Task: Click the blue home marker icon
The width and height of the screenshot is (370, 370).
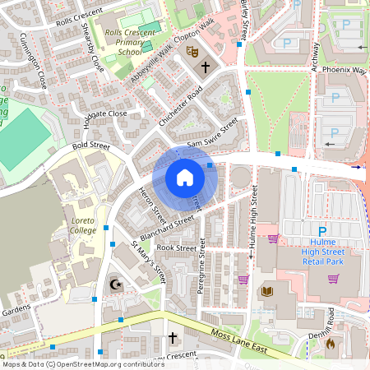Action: click(184, 178)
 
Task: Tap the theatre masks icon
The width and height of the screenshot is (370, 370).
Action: click(194, 51)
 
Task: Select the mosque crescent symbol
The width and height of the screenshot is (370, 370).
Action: click(114, 284)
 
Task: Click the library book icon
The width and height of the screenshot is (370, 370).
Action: click(266, 291)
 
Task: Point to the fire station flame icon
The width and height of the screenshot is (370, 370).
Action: click(331, 343)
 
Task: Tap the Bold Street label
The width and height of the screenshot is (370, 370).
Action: click(90, 146)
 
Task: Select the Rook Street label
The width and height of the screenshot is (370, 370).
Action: click(177, 247)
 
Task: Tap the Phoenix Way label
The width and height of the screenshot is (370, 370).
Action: click(344, 71)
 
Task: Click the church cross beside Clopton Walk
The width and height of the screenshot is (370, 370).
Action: click(206, 70)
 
